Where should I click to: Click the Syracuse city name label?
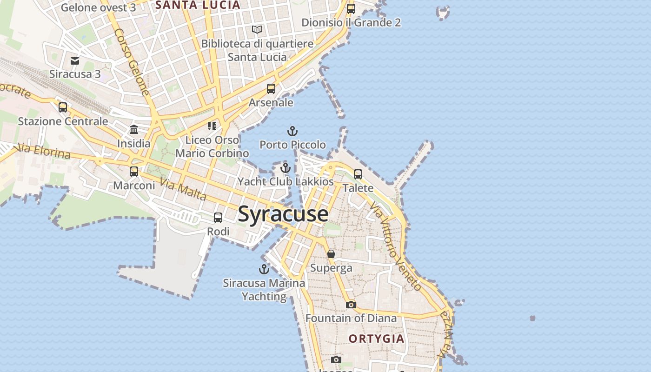pyautogui.click(x=283, y=214)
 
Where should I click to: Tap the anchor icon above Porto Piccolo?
pyautogui.click(x=292, y=131)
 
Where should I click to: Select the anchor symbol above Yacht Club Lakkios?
pyautogui.click(x=286, y=168)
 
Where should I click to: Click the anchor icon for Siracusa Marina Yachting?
pyautogui.click(x=264, y=269)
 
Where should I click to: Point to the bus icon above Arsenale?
pyautogui.click(x=271, y=89)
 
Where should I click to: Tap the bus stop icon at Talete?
pyautogui.click(x=358, y=174)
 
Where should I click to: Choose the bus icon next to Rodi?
pyautogui.click(x=218, y=218)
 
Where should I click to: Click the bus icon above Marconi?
pyautogui.click(x=134, y=172)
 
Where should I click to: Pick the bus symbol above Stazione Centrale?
pyautogui.click(x=63, y=107)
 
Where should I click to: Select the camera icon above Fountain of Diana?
pyautogui.click(x=351, y=305)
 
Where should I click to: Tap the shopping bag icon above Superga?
pyautogui.click(x=331, y=254)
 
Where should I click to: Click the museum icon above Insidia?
pyautogui.click(x=134, y=129)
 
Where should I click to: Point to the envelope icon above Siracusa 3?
pyautogui.click(x=75, y=60)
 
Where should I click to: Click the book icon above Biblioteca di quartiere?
pyautogui.click(x=257, y=30)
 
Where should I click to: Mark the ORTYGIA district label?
pyautogui.click(x=376, y=339)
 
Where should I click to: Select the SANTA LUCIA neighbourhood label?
pyautogui.click(x=198, y=5)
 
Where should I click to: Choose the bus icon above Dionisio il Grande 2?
pyautogui.click(x=351, y=8)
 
